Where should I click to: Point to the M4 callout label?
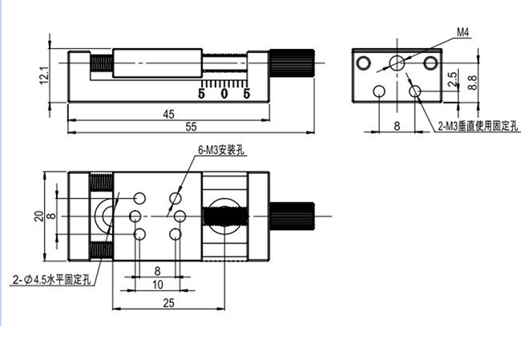[462, 31]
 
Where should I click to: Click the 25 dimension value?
[168, 303]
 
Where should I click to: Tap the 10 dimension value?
[157, 284]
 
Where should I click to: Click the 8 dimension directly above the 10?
[157, 272]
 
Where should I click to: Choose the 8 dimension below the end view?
[396, 126]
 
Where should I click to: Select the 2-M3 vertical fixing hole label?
[479, 126]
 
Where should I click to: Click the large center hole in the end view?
[396, 63]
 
